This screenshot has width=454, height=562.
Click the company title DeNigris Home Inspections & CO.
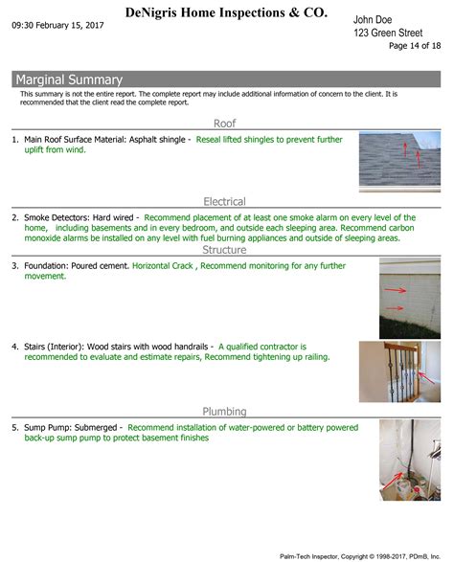click(x=225, y=12)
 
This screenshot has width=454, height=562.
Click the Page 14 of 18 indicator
click(x=415, y=45)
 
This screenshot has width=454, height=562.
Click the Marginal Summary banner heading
click(x=69, y=79)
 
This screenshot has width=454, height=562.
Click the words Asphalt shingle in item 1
click(x=152, y=139)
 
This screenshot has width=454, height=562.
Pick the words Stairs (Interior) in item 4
click(x=53, y=346)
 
